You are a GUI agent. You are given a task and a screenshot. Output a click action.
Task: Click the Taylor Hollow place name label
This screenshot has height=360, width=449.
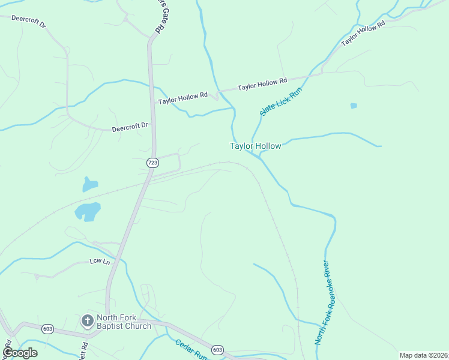(x=255, y=146)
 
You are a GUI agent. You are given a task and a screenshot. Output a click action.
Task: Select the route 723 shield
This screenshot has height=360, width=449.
(x=152, y=163)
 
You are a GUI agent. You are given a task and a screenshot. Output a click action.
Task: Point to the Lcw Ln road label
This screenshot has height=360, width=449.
(x=100, y=262)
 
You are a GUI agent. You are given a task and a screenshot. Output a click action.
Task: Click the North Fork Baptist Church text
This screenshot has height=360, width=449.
(x=124, y=322)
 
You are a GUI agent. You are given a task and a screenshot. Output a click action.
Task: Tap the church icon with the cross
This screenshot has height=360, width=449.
(x=87, y=321)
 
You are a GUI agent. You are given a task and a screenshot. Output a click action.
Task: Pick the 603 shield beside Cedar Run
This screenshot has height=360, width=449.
(x=217, y=350)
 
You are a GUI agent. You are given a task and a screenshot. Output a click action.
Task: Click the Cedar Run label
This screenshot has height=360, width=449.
(x=191, y=349)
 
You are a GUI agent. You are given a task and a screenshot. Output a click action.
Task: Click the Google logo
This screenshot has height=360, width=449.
(x=20, y=352)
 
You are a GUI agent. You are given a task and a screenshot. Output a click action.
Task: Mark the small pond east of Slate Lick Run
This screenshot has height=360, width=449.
(x=354, y=106)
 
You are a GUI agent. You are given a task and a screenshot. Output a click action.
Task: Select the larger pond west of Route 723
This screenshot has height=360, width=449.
(x=88, y=211)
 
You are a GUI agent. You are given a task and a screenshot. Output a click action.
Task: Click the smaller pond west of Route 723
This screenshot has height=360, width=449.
(x=89, y=184)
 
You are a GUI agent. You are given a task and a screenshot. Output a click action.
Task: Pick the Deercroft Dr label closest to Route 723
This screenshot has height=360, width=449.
(x=130, y=127)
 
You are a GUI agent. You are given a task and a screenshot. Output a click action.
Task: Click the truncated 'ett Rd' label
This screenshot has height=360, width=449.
(x=84, y=349)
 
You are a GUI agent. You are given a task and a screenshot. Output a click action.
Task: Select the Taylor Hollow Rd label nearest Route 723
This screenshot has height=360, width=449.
(x=182, y=98)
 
